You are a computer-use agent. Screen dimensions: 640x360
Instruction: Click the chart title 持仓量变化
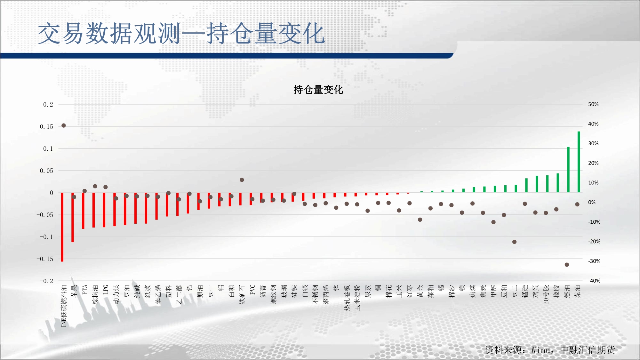click(318, 90)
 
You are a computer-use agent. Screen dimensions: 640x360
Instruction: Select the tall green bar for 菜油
click(579, 162)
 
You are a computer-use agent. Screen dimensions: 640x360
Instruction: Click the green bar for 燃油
click(568, 170)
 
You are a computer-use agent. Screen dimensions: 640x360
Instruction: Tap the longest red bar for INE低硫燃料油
click(62, 227)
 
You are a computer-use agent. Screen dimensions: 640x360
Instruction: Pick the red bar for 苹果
click(73, 217)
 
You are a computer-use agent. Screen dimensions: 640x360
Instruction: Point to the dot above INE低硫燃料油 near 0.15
click(64, 125)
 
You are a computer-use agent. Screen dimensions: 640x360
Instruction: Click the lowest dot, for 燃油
click(567, 265)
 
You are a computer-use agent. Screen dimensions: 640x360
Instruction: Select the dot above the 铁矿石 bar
click(242, 180)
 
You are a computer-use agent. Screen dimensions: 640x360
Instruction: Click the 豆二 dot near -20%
click(514, 242)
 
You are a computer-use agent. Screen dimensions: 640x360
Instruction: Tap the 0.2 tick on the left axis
click(48, 104)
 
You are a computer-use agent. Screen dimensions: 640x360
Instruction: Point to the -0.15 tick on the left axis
click(45, 259)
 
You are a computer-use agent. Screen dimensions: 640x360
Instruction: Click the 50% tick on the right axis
click(593, 104)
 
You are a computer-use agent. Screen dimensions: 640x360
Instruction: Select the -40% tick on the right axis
click(594, 281)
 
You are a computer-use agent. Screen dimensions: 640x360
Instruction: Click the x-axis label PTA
click(85, 290)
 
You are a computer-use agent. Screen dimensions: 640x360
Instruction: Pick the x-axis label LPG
click(106, 290)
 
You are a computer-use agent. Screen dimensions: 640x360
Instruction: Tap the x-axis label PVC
click(252, 290)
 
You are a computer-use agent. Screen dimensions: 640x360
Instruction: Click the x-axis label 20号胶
click(546, 294)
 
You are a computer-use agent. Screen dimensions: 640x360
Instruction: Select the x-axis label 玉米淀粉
click(357, 298)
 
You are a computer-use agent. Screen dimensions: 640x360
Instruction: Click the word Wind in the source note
click(541, 350)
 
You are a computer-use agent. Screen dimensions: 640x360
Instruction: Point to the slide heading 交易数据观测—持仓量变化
click(181, 34)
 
